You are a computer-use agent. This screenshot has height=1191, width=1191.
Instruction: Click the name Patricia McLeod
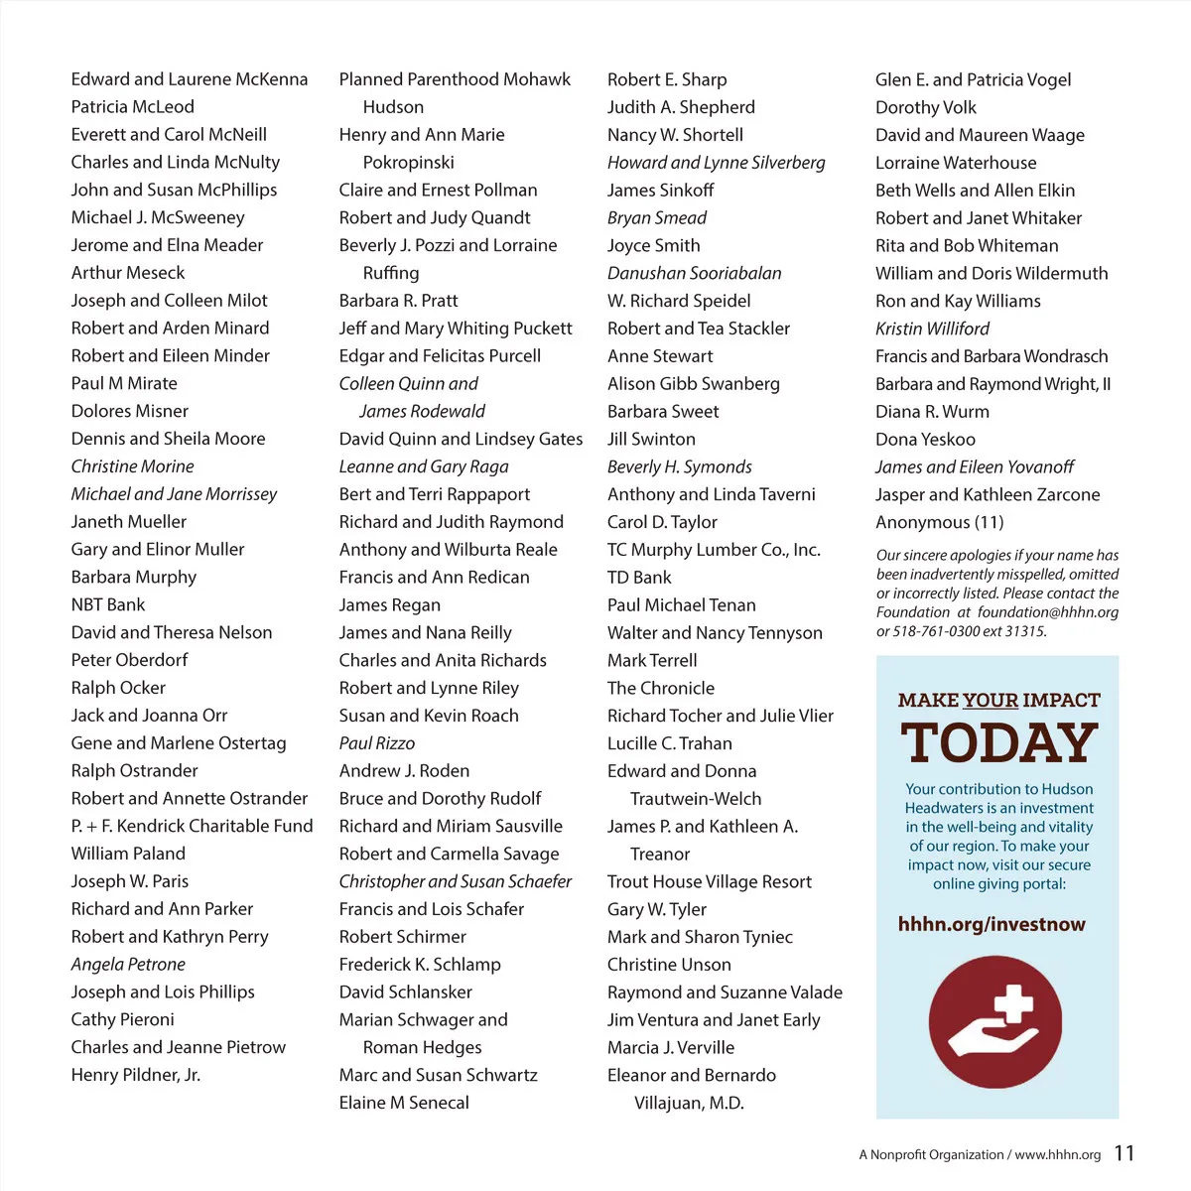pyautogui.click(x=132, y=106)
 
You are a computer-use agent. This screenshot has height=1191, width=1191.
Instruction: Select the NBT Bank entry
pyautogui.click(x=107, y=604)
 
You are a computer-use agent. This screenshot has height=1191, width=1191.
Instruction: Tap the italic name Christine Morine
pyautogui.click(x=132, y=466)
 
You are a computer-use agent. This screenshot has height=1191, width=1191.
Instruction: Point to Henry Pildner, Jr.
pyautogui.click(x=135, y=1075)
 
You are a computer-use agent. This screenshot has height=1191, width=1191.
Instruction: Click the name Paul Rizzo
pyautogui.click(x=376, y=743)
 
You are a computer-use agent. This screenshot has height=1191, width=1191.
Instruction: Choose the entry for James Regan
pyautogui.click(x=389, y=604)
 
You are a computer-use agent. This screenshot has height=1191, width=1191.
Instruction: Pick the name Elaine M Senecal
pyautogui.click(x=403, y=1103)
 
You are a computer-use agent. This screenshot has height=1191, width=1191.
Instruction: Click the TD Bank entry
pyautogui.click(x=639, y=578)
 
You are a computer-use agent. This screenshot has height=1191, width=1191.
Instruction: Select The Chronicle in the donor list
pyautogui.click(x=660, y=688)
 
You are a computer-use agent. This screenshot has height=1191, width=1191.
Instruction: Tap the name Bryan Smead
pyautogui.click(x=656, y=217)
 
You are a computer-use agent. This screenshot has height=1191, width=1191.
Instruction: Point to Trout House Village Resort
pyautogui.click(x=709, y=881)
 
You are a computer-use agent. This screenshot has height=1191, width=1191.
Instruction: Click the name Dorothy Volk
pyautogui.click(x=925, y=107)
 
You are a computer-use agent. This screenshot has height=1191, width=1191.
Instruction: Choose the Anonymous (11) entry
pyautogui.click(x=939, y=522)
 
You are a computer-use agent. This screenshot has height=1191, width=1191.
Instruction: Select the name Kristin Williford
pyautogui.click(x=932, y=329)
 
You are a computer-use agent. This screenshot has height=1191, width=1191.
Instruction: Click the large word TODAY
pyautogui.click(x=998, y=743)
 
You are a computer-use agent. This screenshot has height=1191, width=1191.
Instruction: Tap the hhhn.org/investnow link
pyautogui.click(x=992, y=925)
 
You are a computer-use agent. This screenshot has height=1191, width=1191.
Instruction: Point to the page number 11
pyautogui.click(x=1124, y=1153)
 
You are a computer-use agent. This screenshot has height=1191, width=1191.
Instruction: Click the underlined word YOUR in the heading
pyautogui.click(x=990, y=701)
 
